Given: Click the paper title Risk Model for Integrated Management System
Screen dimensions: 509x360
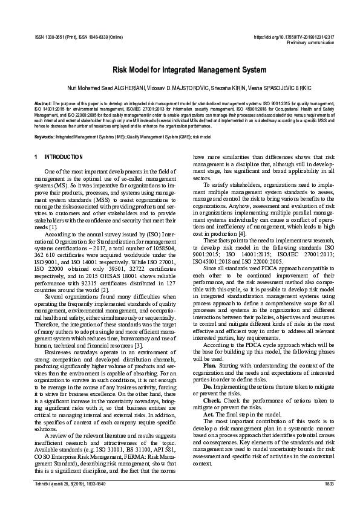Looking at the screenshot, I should [x=180, y=71].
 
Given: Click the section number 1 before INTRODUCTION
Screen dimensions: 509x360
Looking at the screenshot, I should [x=36, y=157].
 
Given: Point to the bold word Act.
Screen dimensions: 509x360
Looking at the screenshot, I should [x=208, y=414].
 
